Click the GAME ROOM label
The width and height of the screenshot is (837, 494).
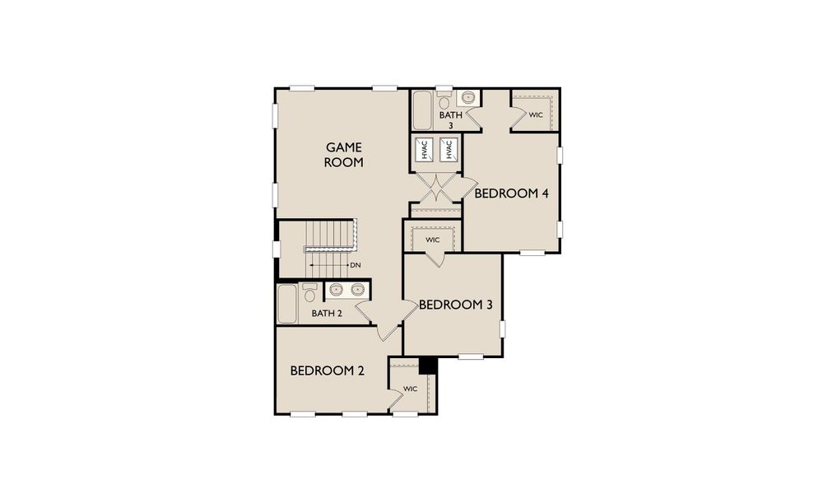[x=343, y=155]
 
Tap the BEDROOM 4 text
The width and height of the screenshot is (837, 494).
[x=511, y=193]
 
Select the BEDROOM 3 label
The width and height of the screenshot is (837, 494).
[x=455, y=305]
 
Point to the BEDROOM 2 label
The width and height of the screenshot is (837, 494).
[x=327, y=370]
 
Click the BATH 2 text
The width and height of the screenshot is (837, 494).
[x=327, y=313]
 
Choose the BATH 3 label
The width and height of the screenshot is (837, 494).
[x=450, y=120]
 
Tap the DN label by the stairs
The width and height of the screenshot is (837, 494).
[x=356, y=265]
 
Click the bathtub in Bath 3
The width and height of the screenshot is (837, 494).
[x=422, y=111]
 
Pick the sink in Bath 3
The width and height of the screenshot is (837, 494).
[x=468, y=98]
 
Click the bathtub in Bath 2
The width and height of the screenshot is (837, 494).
[x=286, y=304]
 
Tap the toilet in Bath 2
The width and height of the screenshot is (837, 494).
[x=309, y=293]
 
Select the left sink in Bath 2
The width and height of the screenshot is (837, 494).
[x=337, y=289]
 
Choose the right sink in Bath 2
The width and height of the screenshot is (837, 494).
[x=357, y=289]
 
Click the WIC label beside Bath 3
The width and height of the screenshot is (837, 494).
[x=536, y=115]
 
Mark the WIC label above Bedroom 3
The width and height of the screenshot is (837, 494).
[x=433, y=240]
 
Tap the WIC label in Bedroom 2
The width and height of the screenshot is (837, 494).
[x=411, y=388]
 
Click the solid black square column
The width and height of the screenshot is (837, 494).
[x=427, y=364]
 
